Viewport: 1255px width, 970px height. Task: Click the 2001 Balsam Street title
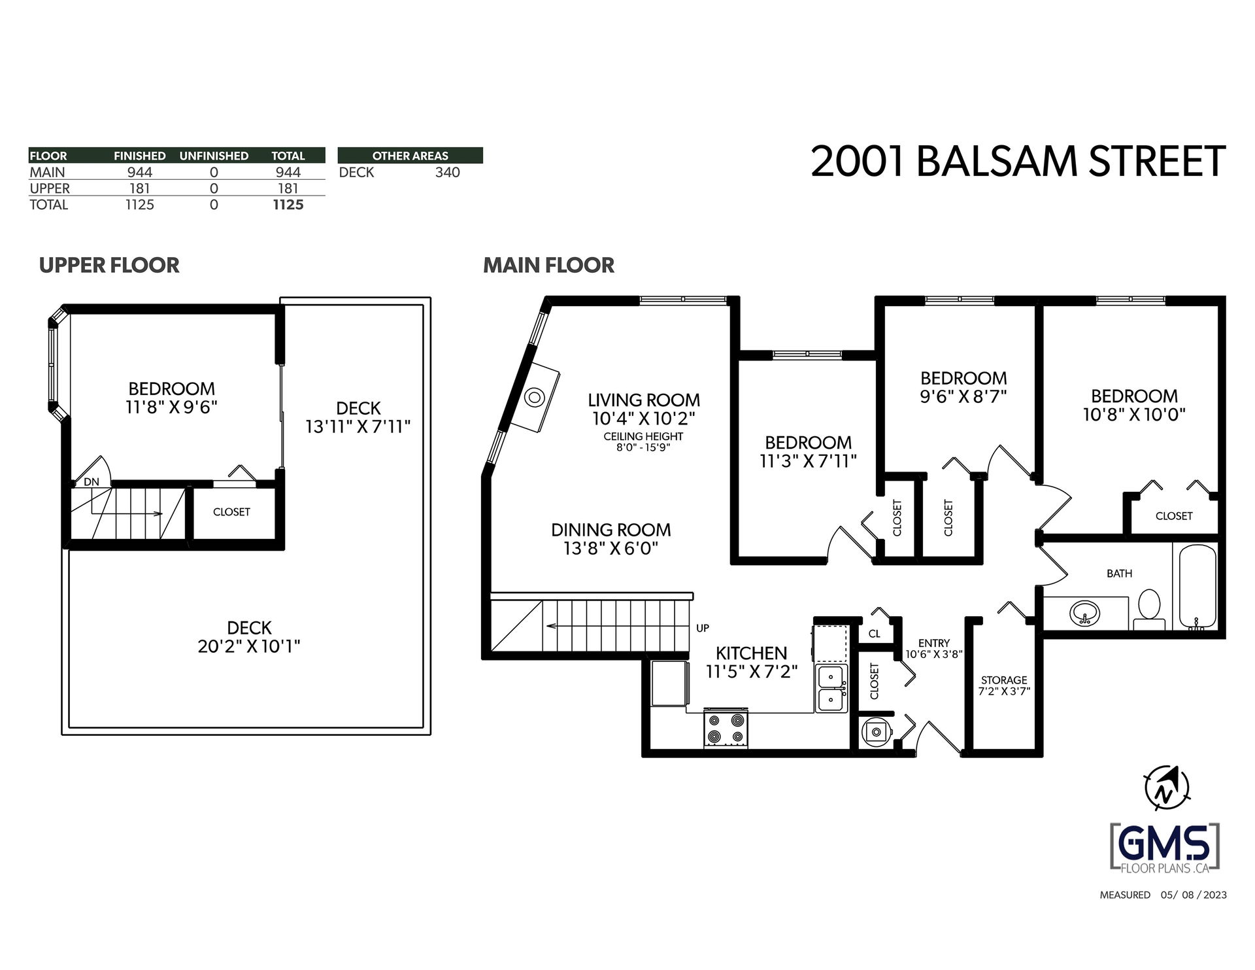tap(1018, 162)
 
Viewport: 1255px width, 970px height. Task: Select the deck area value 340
tap(448, 172)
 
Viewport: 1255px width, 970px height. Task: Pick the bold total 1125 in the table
tap(288, 205)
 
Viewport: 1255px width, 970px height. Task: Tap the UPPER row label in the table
tap(50, 188)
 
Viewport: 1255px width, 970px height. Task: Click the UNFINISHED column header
tap(214, 156)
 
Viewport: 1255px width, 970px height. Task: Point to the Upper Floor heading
tap(109, 265)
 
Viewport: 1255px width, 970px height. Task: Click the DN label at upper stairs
tap(92, 482)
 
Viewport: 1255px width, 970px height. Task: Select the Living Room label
tap(644, 400)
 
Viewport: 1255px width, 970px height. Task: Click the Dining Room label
tap(611, 530)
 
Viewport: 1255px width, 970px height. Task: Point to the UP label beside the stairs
tap(703, 629)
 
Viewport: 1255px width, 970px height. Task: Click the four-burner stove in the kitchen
tap(726, 728)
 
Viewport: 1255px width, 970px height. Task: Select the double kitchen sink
tap(831, 688)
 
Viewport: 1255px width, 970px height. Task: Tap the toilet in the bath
tap(1149, 608)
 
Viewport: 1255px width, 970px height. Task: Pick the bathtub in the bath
tap(1197, 587)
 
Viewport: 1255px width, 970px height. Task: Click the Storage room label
tap(1003, 680)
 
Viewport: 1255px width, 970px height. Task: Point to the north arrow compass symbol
tap(1167, 788)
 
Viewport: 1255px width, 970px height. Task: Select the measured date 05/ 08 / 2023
tap(1194, 895)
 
